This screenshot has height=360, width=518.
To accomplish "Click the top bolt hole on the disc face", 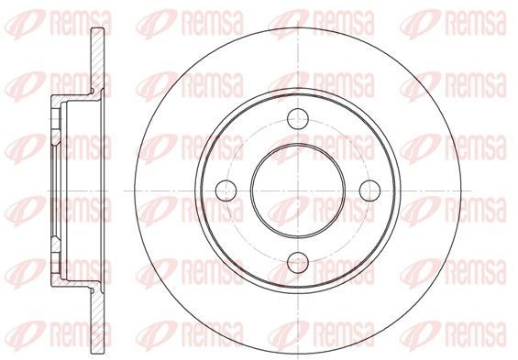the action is coord(298,118).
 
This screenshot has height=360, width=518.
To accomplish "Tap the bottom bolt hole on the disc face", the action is coord(298,263).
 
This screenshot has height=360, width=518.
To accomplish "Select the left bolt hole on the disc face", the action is coord(226,191).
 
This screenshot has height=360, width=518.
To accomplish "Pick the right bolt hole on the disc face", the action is coord(370,191).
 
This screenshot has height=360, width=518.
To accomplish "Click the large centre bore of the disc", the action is coord(298,191).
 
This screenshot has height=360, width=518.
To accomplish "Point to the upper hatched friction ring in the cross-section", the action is coord(97,60).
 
